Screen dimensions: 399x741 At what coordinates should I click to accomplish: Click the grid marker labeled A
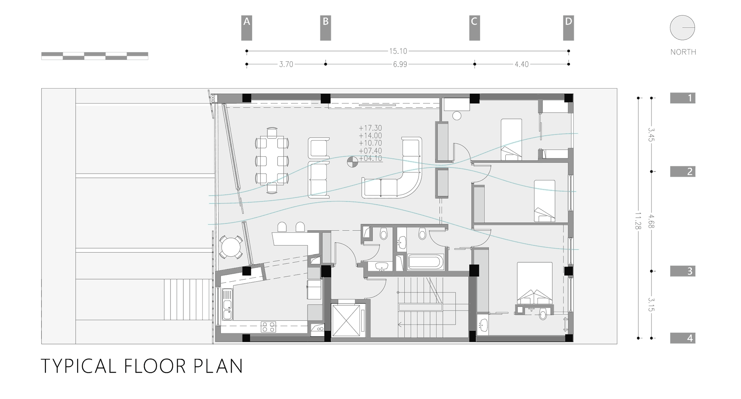point(246,28)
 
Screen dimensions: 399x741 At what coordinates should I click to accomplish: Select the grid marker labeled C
point(474,28)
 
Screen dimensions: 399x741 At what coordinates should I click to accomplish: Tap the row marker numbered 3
point(683,271)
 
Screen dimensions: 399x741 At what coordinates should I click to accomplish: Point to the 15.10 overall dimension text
point(398,51)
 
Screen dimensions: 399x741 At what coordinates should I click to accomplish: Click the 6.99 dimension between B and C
point(399,64)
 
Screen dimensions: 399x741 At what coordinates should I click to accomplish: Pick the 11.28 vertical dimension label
point(638,220)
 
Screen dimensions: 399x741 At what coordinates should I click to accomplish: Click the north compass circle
point(682,28)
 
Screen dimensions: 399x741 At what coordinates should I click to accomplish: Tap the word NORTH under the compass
point(683,52)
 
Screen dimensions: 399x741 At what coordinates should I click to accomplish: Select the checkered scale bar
point(95,56)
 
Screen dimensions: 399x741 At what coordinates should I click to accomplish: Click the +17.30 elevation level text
point(370,128)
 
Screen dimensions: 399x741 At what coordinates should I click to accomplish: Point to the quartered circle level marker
point(352,161)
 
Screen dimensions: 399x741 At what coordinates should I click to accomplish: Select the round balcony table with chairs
point(230,247)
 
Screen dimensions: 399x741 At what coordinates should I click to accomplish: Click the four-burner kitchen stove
point(268,327)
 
